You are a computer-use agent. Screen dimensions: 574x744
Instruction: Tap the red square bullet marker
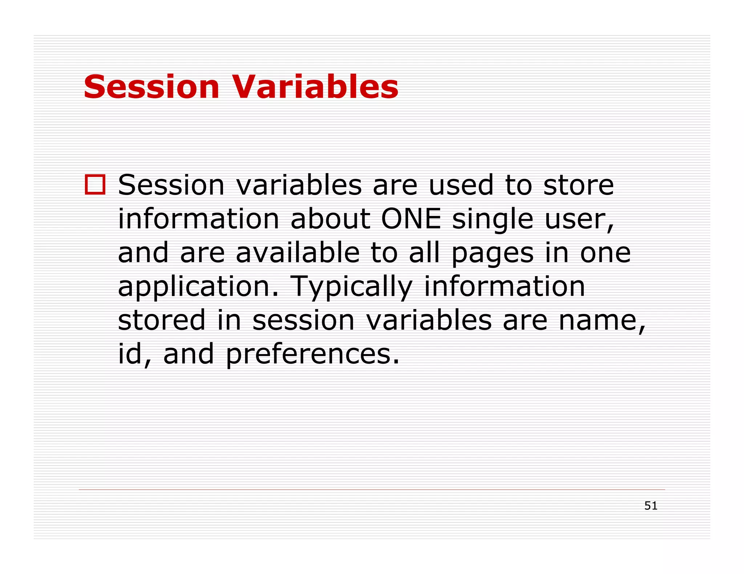[x=95, y=184]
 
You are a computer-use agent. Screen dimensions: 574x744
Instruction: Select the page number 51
[x=651, y=505]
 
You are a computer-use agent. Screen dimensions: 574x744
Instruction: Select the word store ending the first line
[x=578, y=185]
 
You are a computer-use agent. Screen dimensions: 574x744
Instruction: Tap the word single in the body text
[x=493, y=220]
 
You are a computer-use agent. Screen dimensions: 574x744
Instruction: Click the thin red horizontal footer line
[x=372, y=489]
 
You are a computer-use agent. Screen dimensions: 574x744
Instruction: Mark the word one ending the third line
[x=605, y=253]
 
